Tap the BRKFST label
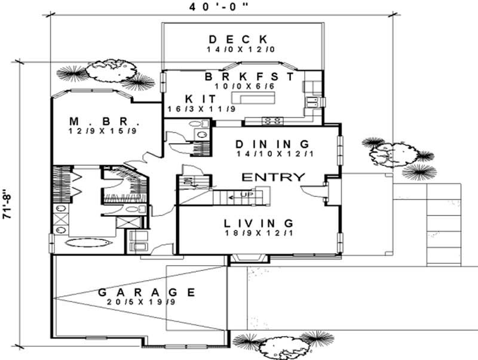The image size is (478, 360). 249,77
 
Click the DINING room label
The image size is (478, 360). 272,144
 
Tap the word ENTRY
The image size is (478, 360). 273,177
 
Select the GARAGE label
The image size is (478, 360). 146,293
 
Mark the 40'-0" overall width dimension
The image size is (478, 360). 219,7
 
